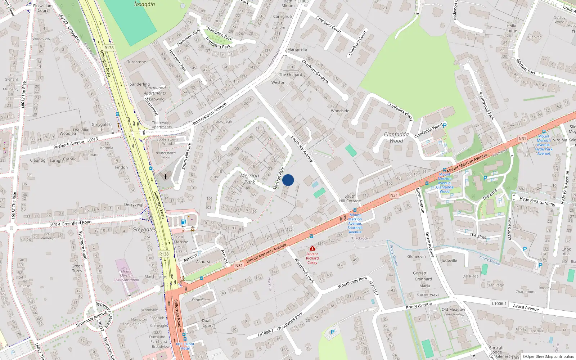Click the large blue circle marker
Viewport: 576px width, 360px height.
click(x=288, y=180)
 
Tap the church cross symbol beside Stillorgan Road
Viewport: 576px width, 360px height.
click(x=166, y=177)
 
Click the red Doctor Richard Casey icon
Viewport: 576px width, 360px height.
click(x=312, y=249)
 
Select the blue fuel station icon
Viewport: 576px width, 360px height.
click(x=183, y=222)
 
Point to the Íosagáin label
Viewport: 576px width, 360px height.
click(x=144, y=4)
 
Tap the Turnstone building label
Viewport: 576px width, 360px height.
click(x=136, y=62)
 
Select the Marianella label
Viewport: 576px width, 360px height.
click(x=297, y=49)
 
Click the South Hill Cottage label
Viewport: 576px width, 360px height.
click(x=350, y=199)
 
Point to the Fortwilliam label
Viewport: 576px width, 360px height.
click(x=201, y=300)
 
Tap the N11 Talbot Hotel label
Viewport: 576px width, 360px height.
click(x=185, y=346)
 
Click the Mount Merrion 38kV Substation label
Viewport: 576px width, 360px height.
click(x=126, y=275)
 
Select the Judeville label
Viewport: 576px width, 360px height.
click(x=449, y=260)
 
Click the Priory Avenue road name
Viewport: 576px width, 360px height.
click(x=419, y=306)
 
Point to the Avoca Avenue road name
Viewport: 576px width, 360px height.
click(x=526, y=307)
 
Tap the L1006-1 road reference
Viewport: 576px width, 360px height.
click(x=499, y=303)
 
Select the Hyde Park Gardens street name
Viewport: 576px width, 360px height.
click(x=537, y=201)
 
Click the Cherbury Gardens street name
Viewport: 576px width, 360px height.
click(x=315, y=72)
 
